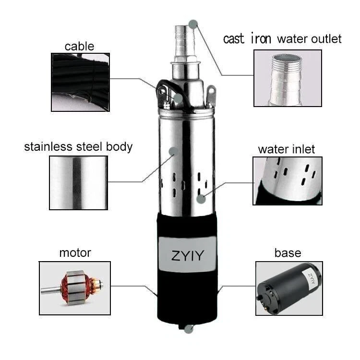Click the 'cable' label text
[79, 47]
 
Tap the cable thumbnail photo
[80, 82]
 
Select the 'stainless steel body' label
[78, 146]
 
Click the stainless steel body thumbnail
[78, 183]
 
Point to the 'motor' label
[75, 252]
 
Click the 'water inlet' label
[287, 149]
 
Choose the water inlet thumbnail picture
[288, 180]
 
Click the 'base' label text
[288, 252]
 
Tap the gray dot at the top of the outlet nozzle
[193, 23]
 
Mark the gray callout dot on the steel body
[173, 151]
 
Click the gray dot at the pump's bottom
[189, 329]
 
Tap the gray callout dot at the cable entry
[178, 99]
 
